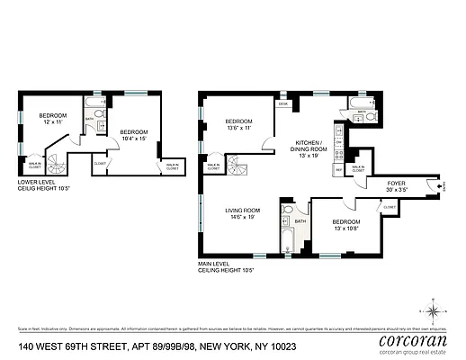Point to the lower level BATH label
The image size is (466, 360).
click(x=89, y=119)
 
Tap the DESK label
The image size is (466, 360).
click(x=282, y=104)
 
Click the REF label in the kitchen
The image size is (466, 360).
click(x=337, y=168)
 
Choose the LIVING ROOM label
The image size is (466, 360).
click(x=243, y=213)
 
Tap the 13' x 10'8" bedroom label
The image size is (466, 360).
click(x=346, y=225)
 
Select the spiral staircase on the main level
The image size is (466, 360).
click(x=236, y=166)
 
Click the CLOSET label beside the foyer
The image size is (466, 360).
click(x=390, y=207)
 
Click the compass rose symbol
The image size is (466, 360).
click(x=435, y=311)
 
